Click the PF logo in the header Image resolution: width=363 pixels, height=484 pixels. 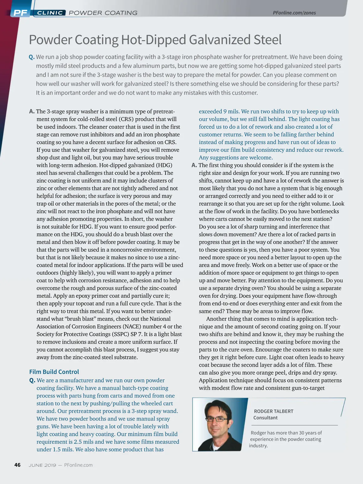click(x=20, y=13)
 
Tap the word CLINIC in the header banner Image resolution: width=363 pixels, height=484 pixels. click(x=50, y=13)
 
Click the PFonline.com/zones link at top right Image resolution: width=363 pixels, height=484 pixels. click(x=294, y=13)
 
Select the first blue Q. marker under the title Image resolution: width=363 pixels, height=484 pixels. click(x=32, y=57)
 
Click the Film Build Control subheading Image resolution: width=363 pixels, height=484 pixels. click(x=54, y=372)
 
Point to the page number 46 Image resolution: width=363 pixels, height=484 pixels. click(x=18, y=465)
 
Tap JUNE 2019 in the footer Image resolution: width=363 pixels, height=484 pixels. click(x=42, y=465)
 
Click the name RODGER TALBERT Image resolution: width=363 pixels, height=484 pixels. click(x=273, y=411)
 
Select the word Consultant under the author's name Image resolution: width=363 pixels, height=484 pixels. click(x=265, y=418)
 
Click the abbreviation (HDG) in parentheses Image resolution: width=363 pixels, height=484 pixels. click(x=164, y=165)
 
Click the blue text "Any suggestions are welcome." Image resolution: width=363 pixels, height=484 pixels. click(x=236, y=158)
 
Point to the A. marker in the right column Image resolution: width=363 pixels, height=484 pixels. click(x=194, y=165)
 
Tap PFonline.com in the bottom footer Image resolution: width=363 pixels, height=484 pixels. click(x=78, y=465)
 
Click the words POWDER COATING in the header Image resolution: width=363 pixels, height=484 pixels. click(x=103, y=13)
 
